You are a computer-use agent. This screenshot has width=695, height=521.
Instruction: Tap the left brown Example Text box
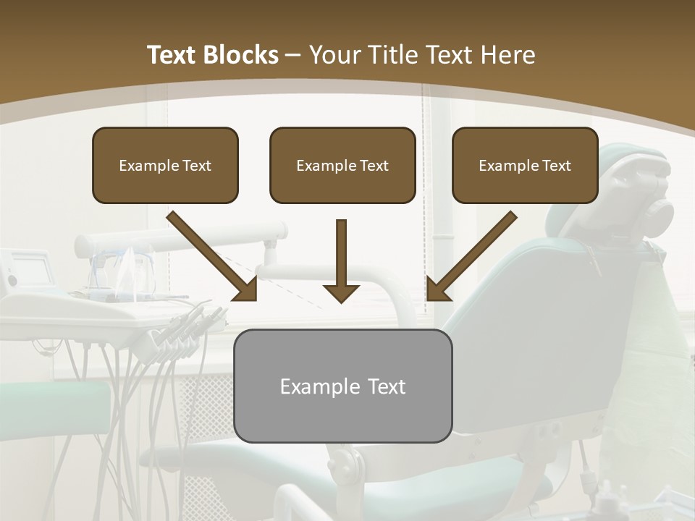click(165, 165)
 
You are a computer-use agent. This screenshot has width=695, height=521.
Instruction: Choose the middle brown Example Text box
click(342, 165)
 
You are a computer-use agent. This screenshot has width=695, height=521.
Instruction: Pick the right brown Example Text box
click(525, 165)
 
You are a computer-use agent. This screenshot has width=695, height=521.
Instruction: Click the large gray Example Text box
click(342, 386)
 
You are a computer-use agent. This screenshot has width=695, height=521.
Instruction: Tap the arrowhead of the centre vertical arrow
click(341, 292)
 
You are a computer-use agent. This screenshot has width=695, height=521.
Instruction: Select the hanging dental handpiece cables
click(145, 391)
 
